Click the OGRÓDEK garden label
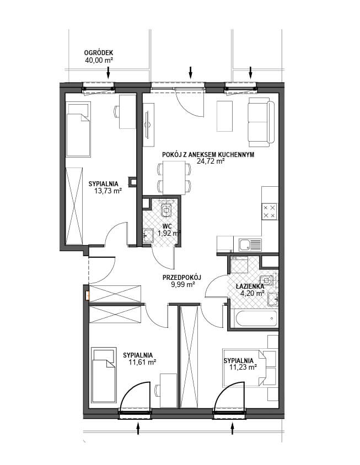pos(99,53)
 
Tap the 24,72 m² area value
pos(210,161)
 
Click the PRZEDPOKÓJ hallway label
pos(182,278)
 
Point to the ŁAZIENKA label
pos(250,286)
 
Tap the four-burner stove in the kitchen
pos(270,212)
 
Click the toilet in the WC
pos(166,210)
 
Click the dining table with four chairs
pos(174,178)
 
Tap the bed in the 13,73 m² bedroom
pos(78,129)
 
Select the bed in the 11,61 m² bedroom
pos(104,375)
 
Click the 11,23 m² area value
pos(243,367)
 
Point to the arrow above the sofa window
pos(251,73)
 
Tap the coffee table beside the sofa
pos(225,116)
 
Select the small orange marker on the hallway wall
pos(87,295)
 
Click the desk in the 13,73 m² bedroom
pos(127,111)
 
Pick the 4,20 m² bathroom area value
pos(252,294)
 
